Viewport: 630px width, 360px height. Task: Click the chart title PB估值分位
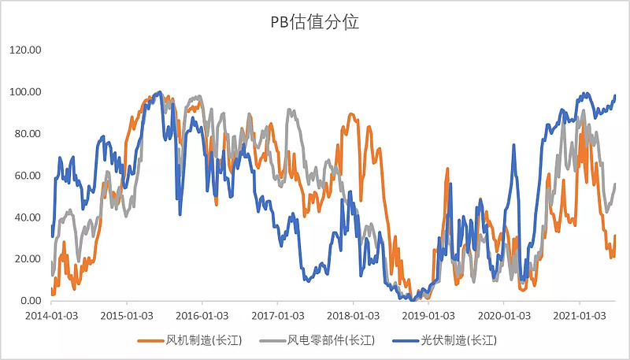(314, 22)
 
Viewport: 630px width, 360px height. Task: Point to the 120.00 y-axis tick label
(24, 50)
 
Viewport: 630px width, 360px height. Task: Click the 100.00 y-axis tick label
(24, 91)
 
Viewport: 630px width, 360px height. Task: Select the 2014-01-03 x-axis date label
(50, 315)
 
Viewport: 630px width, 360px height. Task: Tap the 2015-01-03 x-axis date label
(126, 315)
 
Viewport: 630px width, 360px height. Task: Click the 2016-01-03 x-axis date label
(202, 315)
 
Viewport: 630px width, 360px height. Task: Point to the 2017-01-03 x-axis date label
(277, 315)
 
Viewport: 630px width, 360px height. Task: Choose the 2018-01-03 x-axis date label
(353, 315)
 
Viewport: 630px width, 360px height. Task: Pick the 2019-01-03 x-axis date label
(428, 315)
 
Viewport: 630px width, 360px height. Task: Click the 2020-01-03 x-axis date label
(504, 315)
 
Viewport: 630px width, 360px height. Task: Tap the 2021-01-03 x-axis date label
(580, 315)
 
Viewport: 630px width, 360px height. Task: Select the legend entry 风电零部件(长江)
(324, 340)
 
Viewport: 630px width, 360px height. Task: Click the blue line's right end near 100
(615, 96)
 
